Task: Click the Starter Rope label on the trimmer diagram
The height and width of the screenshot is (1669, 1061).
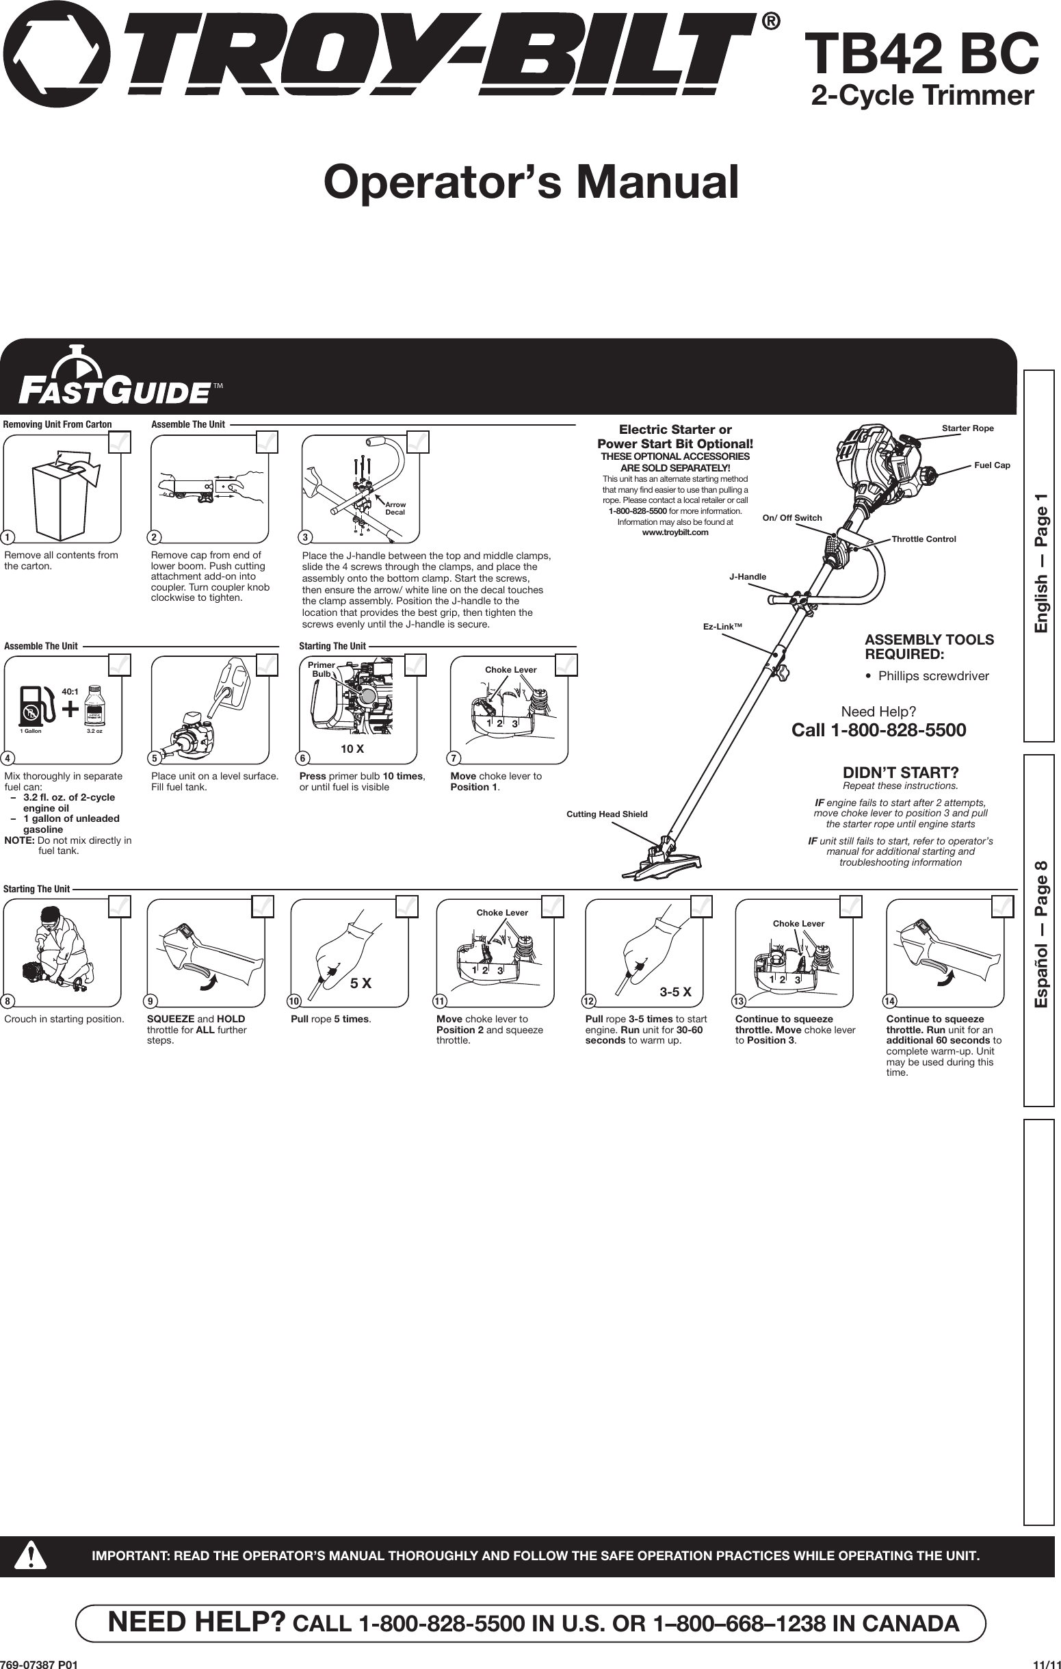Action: [x=967, y=428]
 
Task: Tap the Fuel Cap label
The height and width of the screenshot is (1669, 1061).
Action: [x=992, y=465]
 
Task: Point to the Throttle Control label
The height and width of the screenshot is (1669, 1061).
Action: [x=923, y=539]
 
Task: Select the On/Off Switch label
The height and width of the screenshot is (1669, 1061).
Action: [x=791, y=518]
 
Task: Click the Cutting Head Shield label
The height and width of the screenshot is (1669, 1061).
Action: [x=606, y=814]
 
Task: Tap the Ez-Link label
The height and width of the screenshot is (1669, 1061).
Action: [x=722, y=627]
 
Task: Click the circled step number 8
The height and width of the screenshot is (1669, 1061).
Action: [x=8, y=1002]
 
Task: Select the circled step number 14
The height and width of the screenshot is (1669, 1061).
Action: [x=889, y=1002]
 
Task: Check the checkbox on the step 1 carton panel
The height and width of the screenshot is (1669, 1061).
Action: [x=120, y=441]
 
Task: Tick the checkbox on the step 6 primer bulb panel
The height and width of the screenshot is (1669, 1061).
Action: [x=415, y=664]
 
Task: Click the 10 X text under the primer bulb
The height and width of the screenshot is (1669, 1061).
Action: [x=352, y=749]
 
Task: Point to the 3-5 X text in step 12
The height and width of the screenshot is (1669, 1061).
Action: [x=675, y=992]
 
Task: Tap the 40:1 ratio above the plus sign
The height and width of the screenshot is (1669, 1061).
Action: [x=70, y=692]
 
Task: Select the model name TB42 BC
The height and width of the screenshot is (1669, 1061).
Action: [x=925, y=55]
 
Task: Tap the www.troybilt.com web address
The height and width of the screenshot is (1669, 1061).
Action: [x=675, y=532]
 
